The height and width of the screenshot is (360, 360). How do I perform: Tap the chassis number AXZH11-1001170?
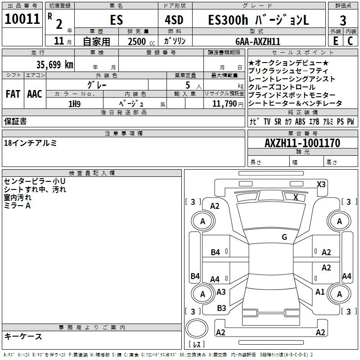pos(302,143)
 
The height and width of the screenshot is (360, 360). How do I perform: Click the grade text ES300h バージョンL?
pos(259,21)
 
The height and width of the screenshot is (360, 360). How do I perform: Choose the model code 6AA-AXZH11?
pos(258,41)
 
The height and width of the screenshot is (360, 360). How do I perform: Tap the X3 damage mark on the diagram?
pos(321,184)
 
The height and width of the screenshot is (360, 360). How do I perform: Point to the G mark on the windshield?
pos(284,237)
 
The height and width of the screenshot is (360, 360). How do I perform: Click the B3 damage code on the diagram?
pos(221,308)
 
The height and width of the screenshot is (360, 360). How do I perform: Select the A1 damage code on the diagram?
pos(320,292)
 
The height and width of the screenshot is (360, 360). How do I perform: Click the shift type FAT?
pos(13,94)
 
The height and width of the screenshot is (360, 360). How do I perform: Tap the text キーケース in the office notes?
pos(23,337)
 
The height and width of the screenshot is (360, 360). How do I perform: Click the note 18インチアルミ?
pos(31,143)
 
